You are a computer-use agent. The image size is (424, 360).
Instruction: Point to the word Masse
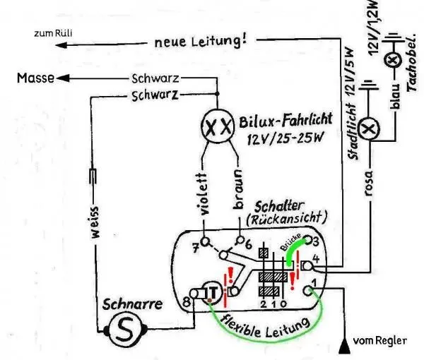pyautogui.click(x=33, y=78)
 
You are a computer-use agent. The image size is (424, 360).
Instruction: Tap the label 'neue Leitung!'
pyautogui.click(x=201, y=42)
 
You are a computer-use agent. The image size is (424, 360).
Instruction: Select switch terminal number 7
pyautogui.click(x=196, y=247)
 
